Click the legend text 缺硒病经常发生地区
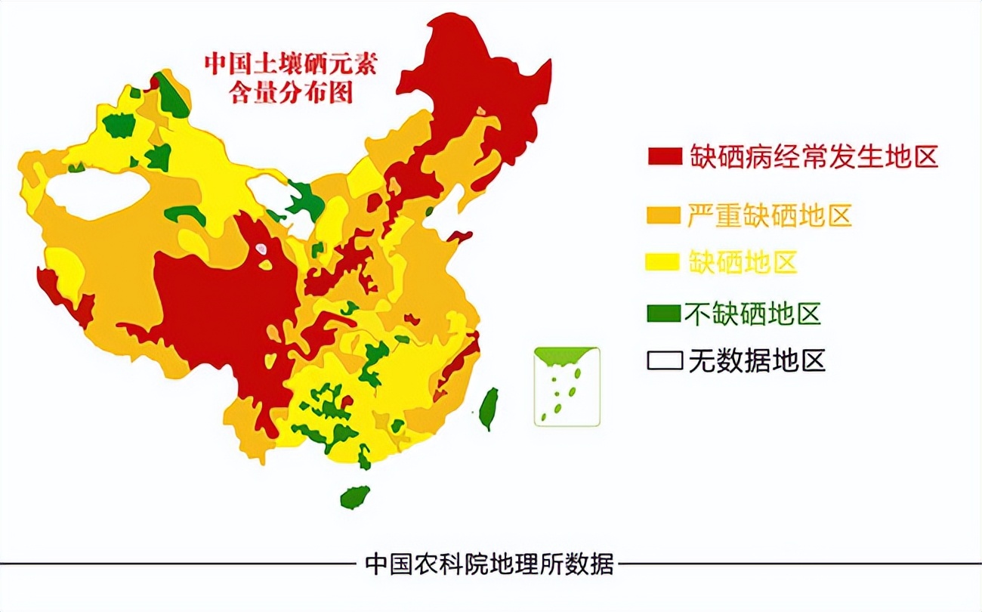click(813, 156)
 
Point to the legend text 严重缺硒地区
click(770, 215)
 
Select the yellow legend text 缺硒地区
click(743, 262)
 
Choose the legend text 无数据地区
click(756, 361)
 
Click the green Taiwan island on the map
click(489, 409)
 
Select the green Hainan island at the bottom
click(355, 497)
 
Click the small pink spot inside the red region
click(261, 248)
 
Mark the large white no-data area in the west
click(98, 193)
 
